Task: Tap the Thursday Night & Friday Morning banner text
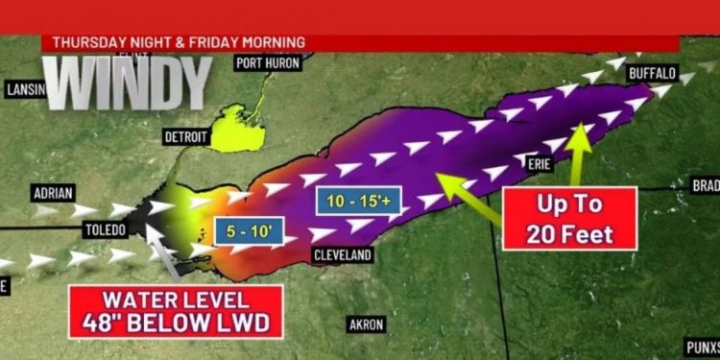pyautogui.click(x=179, y=42)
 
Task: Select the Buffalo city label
pyautogui.click(x=652, y=72)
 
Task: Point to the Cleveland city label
pyautogui.click(x=343, y=256)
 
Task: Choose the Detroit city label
pyautogui.click(x=186, y=136)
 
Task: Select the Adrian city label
pyautogui.click(x=53, y=192)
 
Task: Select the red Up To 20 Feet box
pyautogui.click(x=570, y=220)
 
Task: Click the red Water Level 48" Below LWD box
pyautogui.click(x=175, y=311)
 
